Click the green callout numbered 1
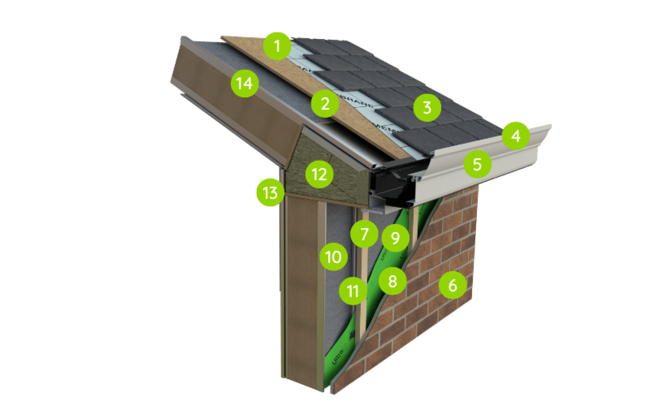tap(277, 46)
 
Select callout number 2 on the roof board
tap(325, 104)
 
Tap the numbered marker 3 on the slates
tap(427, 107)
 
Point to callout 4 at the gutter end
tap(516, 136)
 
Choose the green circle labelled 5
tap(477, 164)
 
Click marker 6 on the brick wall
tap(452, 285)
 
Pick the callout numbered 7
tap(364, 234)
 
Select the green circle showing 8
tap(393, 281)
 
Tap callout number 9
tap(395, 238)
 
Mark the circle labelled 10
tap(333, 257)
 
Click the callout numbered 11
tap(353, 291)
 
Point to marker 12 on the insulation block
tap(319, 175)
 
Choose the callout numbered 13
tap(270, 193)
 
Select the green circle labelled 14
tap(244, 84)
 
